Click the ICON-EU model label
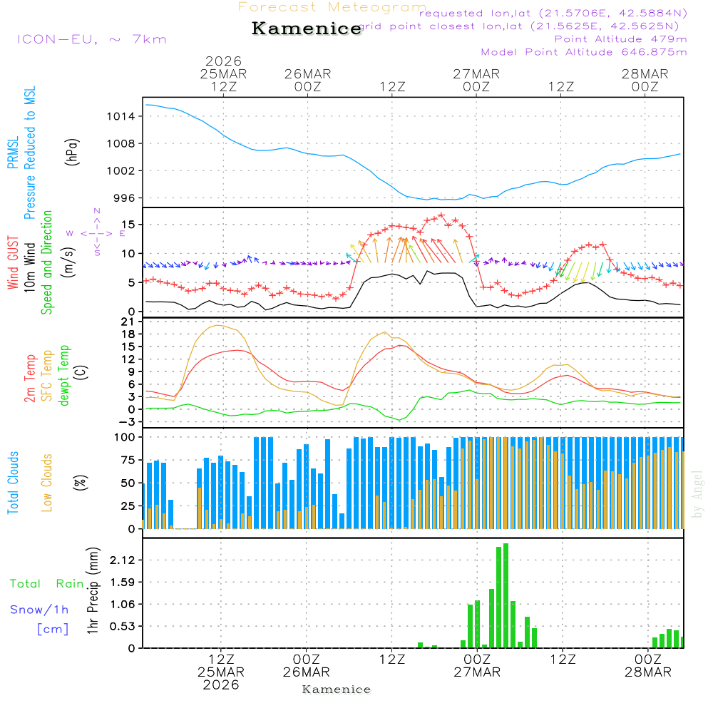coord(91,39)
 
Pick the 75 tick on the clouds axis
coord(125,460)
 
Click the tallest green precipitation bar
coord(506,595)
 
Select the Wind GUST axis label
coord(13,264)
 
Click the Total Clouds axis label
coord(13,483)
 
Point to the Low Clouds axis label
coord(47,483)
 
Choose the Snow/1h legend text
coord(39,610)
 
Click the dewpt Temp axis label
coord(64,375)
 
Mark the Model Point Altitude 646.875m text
coord(584,52)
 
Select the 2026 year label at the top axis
coord(223,61)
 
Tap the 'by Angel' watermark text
coord(698,493)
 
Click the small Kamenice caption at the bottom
coord(337,689)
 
